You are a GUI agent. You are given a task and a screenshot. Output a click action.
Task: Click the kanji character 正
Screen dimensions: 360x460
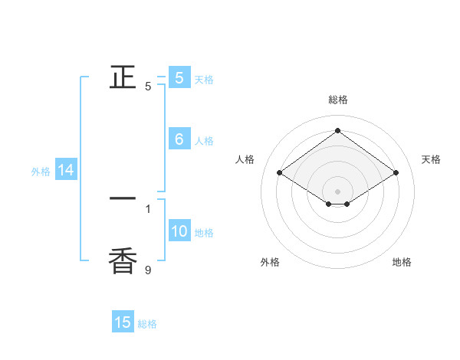pyautogui.click(x=123, y=77)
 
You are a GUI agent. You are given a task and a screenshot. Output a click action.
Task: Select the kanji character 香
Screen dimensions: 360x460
pyautogui.click(x=123, y=260)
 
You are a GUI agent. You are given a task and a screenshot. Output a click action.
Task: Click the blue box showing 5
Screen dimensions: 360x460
pyautogui.click(x=179, y=78)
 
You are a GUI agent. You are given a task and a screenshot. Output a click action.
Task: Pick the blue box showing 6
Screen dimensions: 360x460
pyautogui.click(x=179, y=139)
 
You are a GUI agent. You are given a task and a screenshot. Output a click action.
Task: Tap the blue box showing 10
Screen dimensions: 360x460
pyautogui.click(x=179, y=231)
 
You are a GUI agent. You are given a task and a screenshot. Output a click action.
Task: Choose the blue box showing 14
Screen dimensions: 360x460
pyautogui.click(x=65, y=170)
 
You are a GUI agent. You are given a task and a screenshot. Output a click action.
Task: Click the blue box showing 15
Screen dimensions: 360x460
pyautogui.click(x=123, y=322)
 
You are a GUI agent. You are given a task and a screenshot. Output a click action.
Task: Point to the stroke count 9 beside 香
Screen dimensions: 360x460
pyautogui.click(x=148, y=270)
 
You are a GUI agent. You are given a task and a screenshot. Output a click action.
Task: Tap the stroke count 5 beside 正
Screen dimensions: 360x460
pyautogui.click(x=148, y=87)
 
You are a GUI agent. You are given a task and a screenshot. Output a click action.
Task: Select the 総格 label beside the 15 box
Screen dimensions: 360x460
pyautogui.click(x=147, y=324)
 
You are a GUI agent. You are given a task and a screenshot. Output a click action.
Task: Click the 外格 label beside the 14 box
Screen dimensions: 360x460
pyautogui.click(x=41, y=172)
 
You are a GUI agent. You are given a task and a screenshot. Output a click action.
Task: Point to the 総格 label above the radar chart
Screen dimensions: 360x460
pyautogui.click(x=337, y=100)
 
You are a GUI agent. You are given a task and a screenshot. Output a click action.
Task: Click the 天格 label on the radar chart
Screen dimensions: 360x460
pyautogui.click(x=431, y=159)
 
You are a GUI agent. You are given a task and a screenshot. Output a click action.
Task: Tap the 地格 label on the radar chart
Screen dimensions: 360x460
pyautogui.click(x=402, y=262)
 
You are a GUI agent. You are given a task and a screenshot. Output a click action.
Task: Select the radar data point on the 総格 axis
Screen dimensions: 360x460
pyautogui.click(x=337, y=130)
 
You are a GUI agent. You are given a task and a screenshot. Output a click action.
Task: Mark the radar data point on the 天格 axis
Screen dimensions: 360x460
pyautogui.click(x=396, y=173)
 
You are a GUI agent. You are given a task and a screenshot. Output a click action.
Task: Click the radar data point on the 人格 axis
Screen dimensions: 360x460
pyautogui.click(x=279, y=173)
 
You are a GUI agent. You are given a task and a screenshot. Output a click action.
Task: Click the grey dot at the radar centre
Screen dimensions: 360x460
pyautogui.click(x=337, y=191)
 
